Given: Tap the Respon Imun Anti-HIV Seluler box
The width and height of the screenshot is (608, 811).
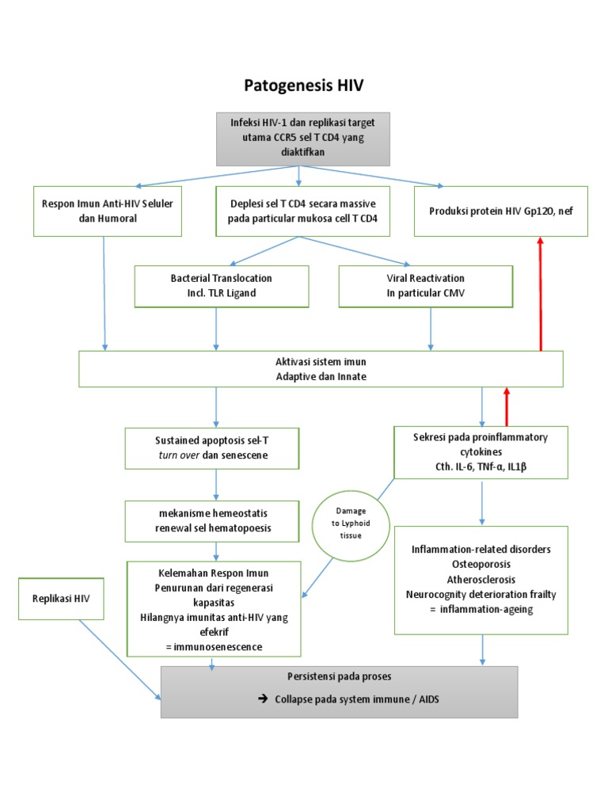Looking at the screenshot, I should [x=108, y=211].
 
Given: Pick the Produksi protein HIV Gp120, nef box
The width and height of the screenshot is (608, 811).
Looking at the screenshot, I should [x=500, y=211].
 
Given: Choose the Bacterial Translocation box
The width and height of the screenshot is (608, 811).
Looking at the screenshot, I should [x=221, y=286].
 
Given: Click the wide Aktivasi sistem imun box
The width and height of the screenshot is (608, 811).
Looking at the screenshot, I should [x=321, y=369].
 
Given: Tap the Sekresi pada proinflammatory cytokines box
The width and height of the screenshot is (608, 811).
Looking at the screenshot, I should [x=481, y=452].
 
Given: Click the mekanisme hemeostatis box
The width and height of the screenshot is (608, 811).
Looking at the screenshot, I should [x=212, y=520].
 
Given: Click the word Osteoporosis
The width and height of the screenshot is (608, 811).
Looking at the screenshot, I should [x=481, y=564].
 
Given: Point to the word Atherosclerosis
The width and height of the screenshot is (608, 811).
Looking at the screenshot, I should [x=481, y=579].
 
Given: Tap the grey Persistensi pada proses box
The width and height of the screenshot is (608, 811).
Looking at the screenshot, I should [x=339, y=691].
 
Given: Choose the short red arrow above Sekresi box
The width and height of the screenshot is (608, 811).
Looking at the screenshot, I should [x=507, y=406].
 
